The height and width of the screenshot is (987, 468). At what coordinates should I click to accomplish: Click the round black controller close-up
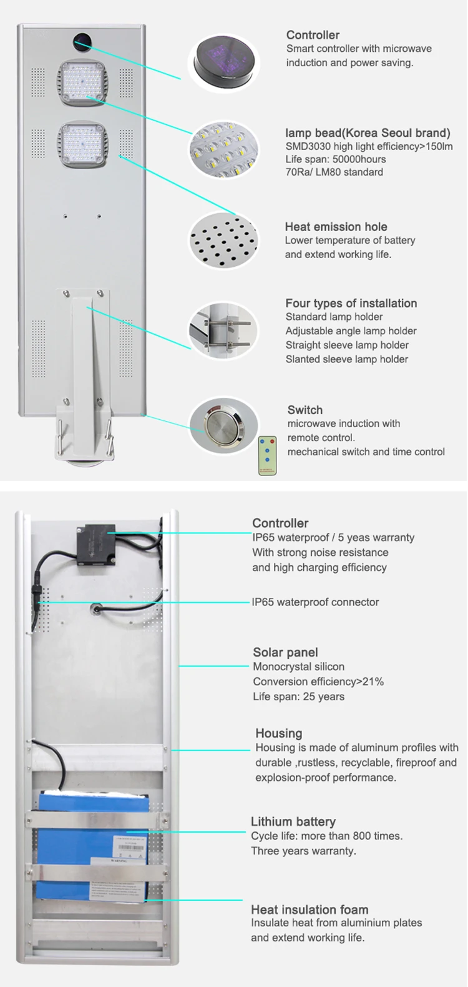pos(224,63)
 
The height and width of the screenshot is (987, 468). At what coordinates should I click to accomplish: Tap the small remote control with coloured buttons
pos(267,456)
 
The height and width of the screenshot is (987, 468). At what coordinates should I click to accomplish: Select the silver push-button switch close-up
pos(223,427)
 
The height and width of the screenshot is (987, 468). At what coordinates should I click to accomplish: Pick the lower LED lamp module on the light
pos(82,145)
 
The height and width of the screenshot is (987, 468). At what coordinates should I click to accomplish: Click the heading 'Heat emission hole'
pos(336,227)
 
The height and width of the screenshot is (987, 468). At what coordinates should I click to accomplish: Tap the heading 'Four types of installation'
pos(351,304)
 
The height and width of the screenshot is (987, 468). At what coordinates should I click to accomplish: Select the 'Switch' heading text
pos(305,410)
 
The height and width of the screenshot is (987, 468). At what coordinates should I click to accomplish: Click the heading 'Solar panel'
pos(286,652)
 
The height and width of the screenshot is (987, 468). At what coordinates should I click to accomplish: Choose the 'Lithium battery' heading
pos(293,821)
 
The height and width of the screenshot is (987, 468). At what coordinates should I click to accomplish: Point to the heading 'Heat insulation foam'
pos(310,910)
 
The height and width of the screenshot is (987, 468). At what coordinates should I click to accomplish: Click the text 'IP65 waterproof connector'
pos(315,602)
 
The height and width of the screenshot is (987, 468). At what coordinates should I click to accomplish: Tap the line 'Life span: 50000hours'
pos(336,159)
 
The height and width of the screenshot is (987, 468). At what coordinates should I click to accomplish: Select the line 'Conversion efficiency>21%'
pos(318,682)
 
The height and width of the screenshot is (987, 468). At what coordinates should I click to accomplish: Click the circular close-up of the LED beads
pos(223,150)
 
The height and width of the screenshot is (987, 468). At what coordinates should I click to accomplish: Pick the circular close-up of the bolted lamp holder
pos(223,332)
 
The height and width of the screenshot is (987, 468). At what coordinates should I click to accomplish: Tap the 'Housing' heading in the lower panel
pos(278,733)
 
